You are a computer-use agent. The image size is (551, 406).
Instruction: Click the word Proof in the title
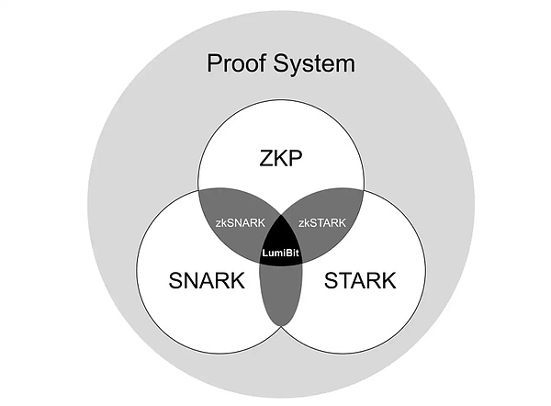pos(237,63)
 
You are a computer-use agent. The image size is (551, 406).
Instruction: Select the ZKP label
pos(282,162)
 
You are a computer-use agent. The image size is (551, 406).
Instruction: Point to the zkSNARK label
pos(241,223)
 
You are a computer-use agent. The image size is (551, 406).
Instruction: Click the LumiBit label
pos(282,252)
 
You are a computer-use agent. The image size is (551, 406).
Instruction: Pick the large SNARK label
pos(208,281)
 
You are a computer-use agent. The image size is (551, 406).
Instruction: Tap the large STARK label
pos(360,281)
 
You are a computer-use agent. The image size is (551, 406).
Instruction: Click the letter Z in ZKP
pos(264,162)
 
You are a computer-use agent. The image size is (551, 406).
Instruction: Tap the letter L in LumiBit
pos(264,252)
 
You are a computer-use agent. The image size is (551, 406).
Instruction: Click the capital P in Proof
pos(214,63)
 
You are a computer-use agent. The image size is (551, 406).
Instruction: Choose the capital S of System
pos(280,63)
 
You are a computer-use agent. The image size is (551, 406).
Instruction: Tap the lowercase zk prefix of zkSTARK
pos(303,223)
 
